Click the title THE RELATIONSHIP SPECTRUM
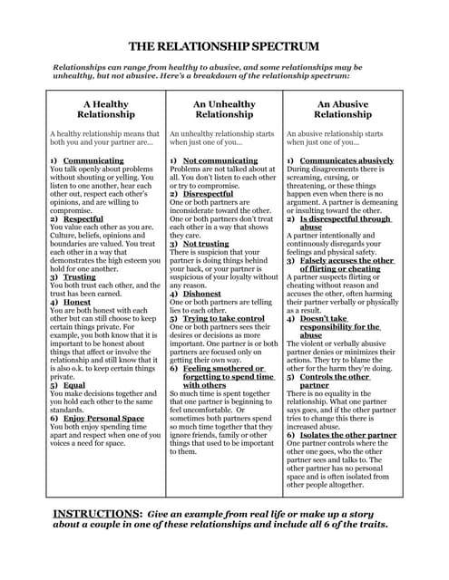[x=224, y=44]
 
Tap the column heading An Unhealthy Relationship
[x=224, y=109]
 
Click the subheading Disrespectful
[x=208, y=193]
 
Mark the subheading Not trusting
[x=206, y=243]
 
